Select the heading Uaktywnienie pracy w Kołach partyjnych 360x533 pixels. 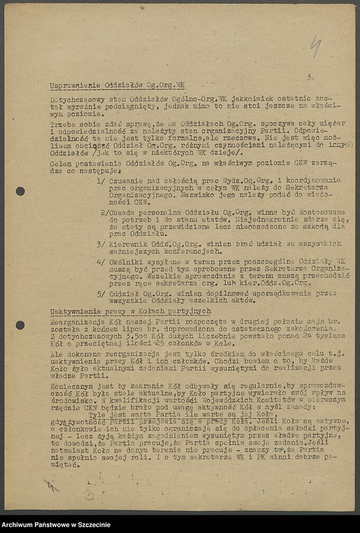[130, 312]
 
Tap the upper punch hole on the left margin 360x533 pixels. [20, 191]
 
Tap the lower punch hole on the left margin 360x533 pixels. [20, 325]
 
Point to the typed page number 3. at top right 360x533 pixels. [309, 77]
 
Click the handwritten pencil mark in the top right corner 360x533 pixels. [315, 45]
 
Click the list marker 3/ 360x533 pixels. [100, 243]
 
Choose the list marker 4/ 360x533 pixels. [100, 261]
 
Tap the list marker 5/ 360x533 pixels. [100, 293]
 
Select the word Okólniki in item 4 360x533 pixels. [124, 261]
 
